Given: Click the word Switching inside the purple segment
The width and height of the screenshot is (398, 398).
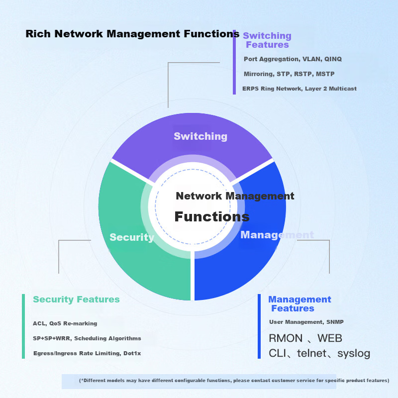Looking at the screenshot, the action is (x=200, y=136).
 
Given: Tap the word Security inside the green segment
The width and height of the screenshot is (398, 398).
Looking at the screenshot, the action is (x=132, y=237).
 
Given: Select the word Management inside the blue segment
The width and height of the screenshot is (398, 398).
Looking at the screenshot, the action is (x=277, y=235).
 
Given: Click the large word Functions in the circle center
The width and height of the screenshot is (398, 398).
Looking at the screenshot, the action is (x=212, y=216).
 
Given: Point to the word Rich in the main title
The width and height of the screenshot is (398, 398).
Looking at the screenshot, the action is (x=38, y=34).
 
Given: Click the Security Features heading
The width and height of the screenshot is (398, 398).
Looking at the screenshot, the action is (x=76, y=299).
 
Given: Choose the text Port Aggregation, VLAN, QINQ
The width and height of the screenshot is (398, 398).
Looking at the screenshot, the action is (x=293, y=59).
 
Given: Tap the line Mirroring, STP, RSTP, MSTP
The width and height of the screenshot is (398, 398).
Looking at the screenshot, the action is (x=289, y=74).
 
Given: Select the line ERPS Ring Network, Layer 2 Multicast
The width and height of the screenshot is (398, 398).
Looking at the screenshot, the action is (x=299, y=89).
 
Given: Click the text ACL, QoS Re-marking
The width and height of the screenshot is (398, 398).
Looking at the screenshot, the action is (x=65, y=323).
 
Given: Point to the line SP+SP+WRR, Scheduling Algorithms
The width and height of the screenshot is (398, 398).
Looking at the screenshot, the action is (x=87, y=338).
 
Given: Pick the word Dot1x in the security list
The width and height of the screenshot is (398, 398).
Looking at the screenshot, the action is (x=132, y=353).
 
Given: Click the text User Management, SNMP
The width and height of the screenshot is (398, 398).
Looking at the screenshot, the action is (x=306, y=322).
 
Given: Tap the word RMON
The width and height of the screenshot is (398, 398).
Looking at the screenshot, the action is (x=286, y=338).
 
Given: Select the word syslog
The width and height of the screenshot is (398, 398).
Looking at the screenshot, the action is (x=354, y=354).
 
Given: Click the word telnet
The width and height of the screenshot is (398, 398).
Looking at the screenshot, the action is (x=312, y=353).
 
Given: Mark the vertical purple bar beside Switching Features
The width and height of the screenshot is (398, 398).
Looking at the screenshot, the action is (x=234, y=62).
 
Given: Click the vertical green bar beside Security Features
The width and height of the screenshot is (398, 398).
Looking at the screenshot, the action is (x=23, y=326).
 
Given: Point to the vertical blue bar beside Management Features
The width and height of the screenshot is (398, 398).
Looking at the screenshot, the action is (x=259, y=326).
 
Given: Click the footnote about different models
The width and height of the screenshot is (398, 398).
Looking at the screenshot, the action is (x=234, y=381).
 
